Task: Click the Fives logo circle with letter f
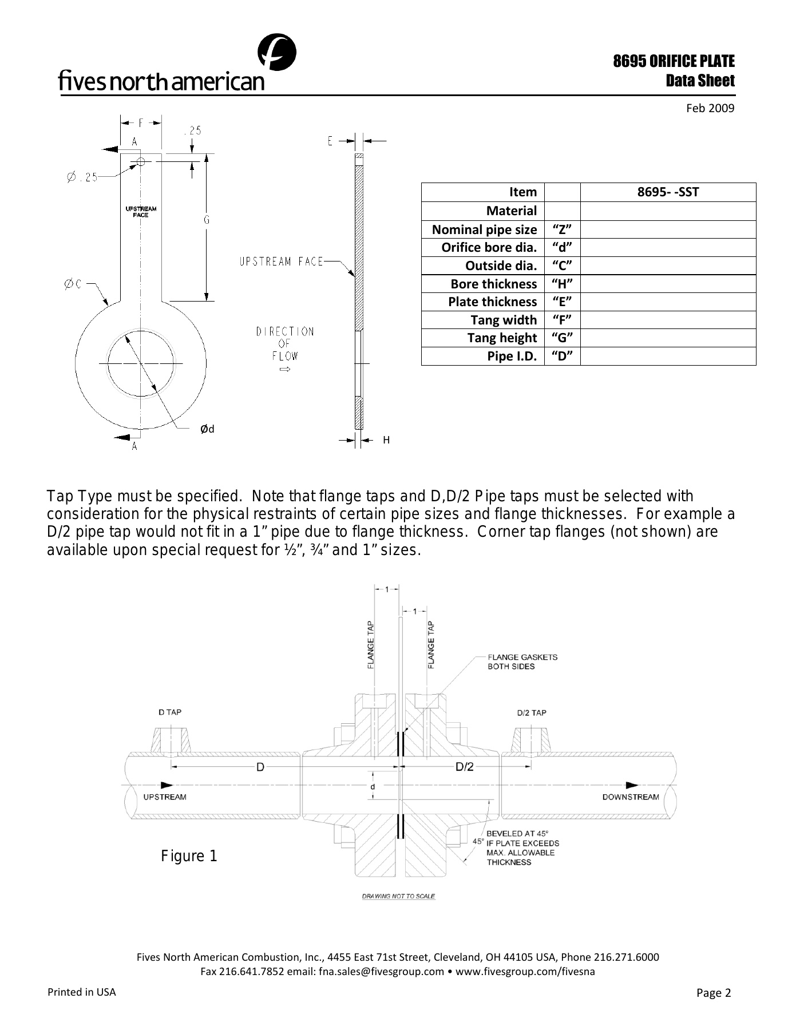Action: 277,53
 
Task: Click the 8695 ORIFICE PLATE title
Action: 674,61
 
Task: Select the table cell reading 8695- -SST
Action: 668,192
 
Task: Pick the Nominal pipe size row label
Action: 484,229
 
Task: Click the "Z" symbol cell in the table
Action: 562,229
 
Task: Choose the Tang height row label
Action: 502,338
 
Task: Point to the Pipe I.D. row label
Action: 512,356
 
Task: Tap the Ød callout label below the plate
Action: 207,429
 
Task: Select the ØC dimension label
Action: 73,284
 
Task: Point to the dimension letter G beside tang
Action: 207,220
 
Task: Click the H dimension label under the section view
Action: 386,440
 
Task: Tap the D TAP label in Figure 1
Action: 169,712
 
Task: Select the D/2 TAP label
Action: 532,712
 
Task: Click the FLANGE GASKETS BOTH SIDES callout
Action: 522,661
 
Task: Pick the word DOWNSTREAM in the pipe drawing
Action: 630,797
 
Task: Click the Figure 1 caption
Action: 189,856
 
